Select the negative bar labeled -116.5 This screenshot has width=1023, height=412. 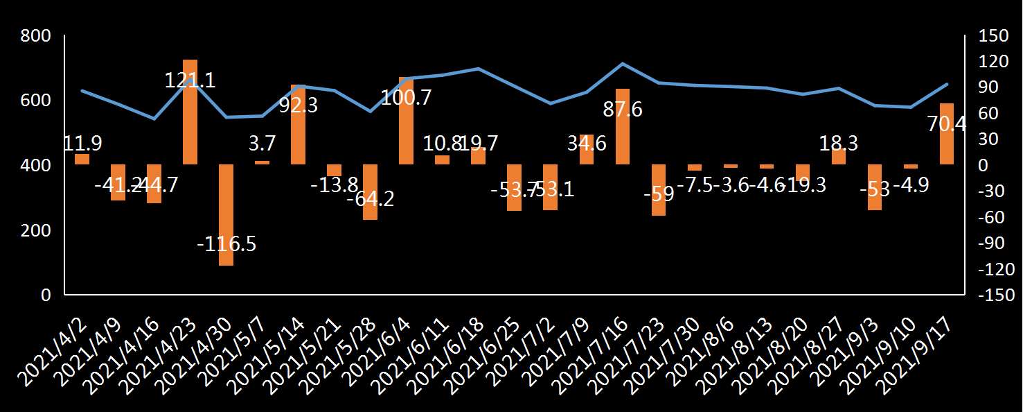(226, 215)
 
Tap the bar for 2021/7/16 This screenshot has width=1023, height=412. (623, 127)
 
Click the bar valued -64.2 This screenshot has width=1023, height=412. (370, 192)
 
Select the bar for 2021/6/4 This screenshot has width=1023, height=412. (406, 121)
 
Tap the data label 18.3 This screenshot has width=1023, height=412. (839, 144)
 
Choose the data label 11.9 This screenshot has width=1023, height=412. (82, 144)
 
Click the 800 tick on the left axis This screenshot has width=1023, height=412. (36, 36)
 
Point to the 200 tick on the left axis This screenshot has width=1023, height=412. (36, 230)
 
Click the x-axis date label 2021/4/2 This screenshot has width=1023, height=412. (59, 347)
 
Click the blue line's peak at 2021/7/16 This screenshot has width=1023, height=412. (623, 64)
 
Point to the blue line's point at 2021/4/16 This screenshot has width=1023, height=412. (154, 119)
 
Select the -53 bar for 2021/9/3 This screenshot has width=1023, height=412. (875, 187)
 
